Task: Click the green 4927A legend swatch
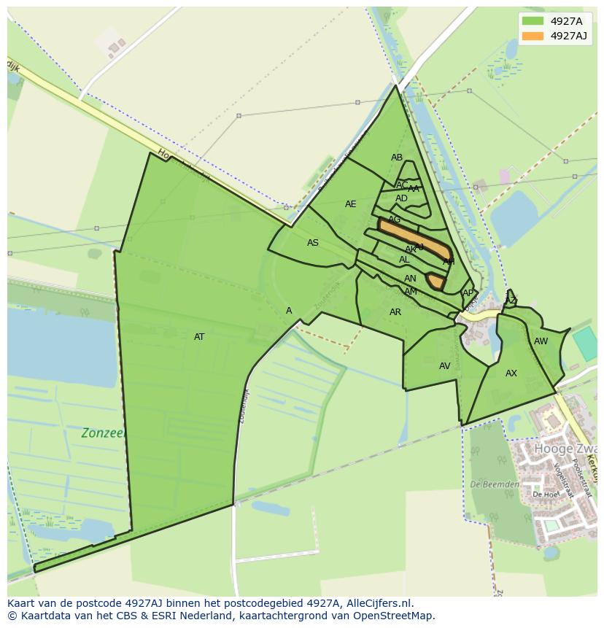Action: [x=533, y=21]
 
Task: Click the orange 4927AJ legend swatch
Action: [x=533, y=36]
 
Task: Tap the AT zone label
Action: [x=199, y=337]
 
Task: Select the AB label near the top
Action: [x=397, y=158]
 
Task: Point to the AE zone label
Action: [x=351, y=204]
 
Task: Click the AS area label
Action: [x=313, y=243]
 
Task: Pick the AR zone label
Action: [x=395, y=312]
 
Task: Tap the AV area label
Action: [x=445, y=366]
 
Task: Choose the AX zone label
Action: [x=511, y=373]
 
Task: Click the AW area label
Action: [x=541, y=341]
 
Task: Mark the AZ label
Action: [x=511, y=301]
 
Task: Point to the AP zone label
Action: [x=468, y=293]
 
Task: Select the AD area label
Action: [x=402, y=198]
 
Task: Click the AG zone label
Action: [x=395, y=220]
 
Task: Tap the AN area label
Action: [x=410, y=279]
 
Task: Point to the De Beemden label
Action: [x=495, y=484]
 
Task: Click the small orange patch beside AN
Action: [x=435, y=281]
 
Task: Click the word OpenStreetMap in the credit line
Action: [x=395, y=616]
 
